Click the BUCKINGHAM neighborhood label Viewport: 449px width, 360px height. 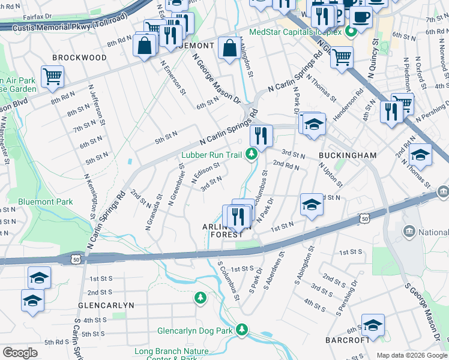click(348, 155)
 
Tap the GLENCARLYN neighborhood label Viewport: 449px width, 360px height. click(106, 305)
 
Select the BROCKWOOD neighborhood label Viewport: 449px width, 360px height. click(79, 58)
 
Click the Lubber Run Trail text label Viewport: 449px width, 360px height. click(211, 155)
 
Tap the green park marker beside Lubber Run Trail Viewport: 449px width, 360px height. click(252, 155)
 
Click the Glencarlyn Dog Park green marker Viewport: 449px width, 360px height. click(241, 329)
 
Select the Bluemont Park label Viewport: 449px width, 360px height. click(46, 202)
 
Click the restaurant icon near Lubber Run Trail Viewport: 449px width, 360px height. click(261, 135)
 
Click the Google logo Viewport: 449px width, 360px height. click(20, 353)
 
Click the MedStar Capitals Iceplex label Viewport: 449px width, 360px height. click(295, 32)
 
